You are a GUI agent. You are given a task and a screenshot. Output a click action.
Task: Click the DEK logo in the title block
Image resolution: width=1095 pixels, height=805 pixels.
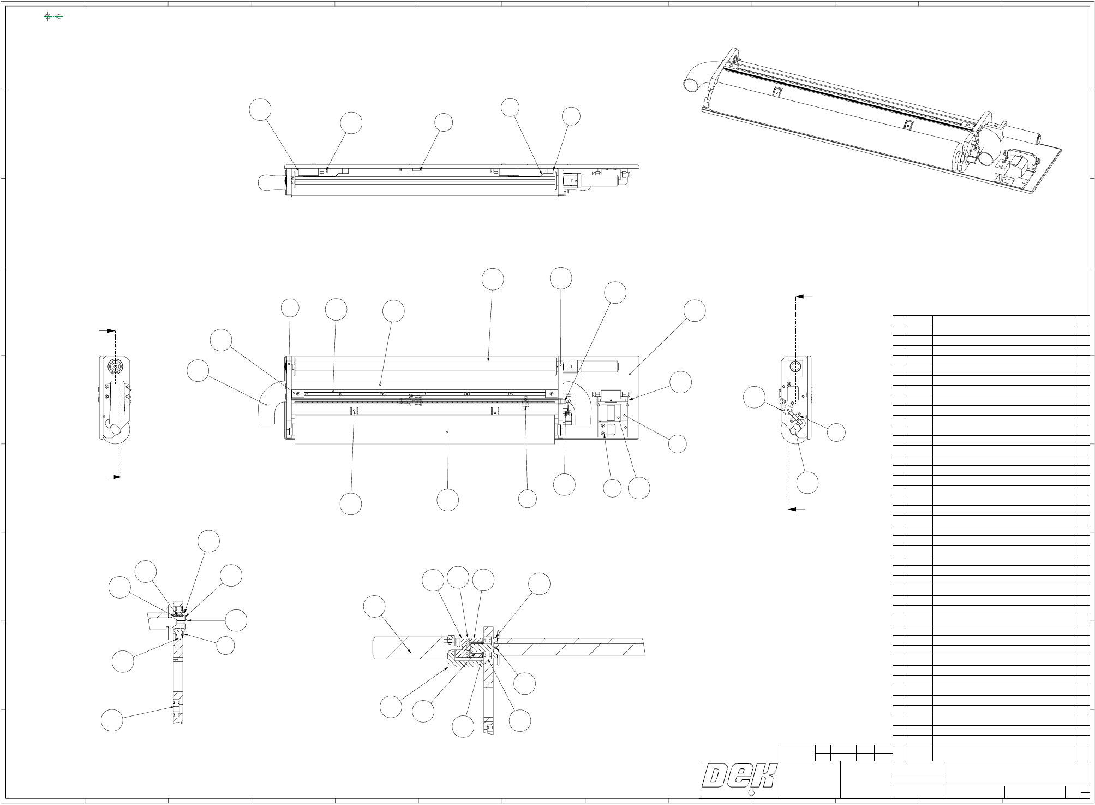(740, 776)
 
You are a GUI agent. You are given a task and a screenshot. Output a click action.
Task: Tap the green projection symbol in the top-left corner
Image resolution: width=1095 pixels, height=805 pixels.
(53, 16)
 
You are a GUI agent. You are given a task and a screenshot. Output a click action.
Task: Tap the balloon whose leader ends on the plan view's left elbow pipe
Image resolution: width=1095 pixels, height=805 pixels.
(198, 371)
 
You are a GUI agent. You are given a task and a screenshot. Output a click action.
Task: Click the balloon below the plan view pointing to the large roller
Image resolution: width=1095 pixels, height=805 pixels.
(448, 500)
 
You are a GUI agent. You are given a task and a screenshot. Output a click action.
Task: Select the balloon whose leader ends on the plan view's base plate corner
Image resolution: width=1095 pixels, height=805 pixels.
(695, 310)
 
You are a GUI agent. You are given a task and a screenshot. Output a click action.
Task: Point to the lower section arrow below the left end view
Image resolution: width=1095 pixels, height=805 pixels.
(115, 477)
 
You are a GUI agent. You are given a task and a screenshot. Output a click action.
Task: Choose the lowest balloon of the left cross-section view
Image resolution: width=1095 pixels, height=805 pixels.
(112, 720)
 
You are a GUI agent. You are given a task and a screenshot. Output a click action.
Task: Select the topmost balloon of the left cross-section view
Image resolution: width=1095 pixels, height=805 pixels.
(209, 541)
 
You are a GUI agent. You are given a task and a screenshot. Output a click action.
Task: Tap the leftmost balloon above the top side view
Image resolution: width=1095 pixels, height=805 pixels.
(261, 109)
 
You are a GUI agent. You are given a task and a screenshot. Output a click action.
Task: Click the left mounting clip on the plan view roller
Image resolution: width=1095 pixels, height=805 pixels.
(355, 411)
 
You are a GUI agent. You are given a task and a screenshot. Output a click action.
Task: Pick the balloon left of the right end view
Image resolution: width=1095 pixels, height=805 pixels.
(755, 398)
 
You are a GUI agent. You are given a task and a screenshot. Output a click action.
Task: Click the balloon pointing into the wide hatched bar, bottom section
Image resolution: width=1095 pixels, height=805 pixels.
(374, 607)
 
